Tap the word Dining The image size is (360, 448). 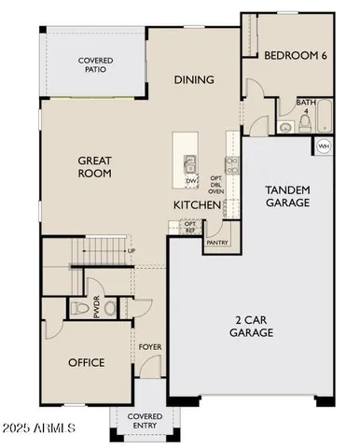pyautogui.click(x=194, y=80)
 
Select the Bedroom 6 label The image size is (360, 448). pyautogui.click(x=295, y=55)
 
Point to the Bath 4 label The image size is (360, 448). pyautogui.click(x=304, y=106)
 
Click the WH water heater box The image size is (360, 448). pyautogui.click(x=324, y=146)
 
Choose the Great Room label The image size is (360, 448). pyautogui.click(x=94, y=167)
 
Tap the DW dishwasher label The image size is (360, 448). pyautogui.click(x=190, y=180)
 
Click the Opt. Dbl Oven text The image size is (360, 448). pyautogui.click(x=215, y=184)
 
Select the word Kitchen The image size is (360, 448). pyautogui.click(x=196, y=204)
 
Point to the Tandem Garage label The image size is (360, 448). pyautogui.click(x=287, y=196)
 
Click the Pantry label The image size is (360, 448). pyautogui.click(x=217, y=242)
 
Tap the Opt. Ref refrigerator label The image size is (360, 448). pyautogui.click(x=190, y=227)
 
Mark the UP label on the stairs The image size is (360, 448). pyautogui.click(x=132, y=251)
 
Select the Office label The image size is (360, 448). pyautogui.click(x=87, y=363)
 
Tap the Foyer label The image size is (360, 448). pyautogui.click(x=150, y=347)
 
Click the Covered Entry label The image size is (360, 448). pyautogui.click(x=145, y=421)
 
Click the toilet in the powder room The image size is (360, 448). pyautogui.click(x=108, y=307)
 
